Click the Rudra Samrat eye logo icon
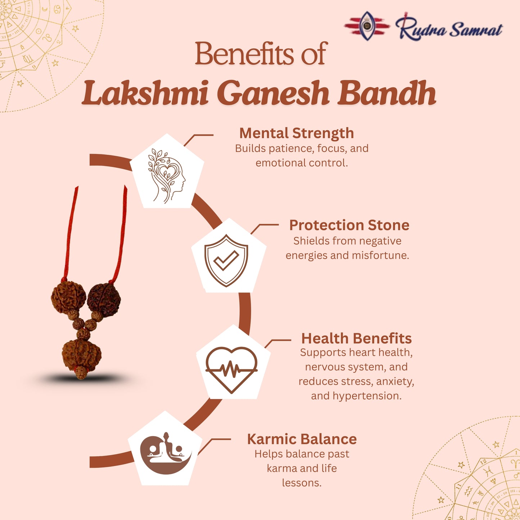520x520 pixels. (367, 26)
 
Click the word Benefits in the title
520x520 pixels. (244, 54)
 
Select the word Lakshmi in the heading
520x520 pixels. (146, 94)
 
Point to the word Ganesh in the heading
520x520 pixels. (273, 94)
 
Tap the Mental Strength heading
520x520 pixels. (297, 133)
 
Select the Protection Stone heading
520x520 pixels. (349, 225)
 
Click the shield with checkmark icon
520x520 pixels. (226, 260)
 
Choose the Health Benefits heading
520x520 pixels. (356, 338)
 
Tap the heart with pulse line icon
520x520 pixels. (231, 369)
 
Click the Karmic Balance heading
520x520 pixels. (302, 439)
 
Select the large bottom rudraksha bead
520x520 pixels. (81, 353)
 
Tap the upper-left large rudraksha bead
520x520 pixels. (68, 297)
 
